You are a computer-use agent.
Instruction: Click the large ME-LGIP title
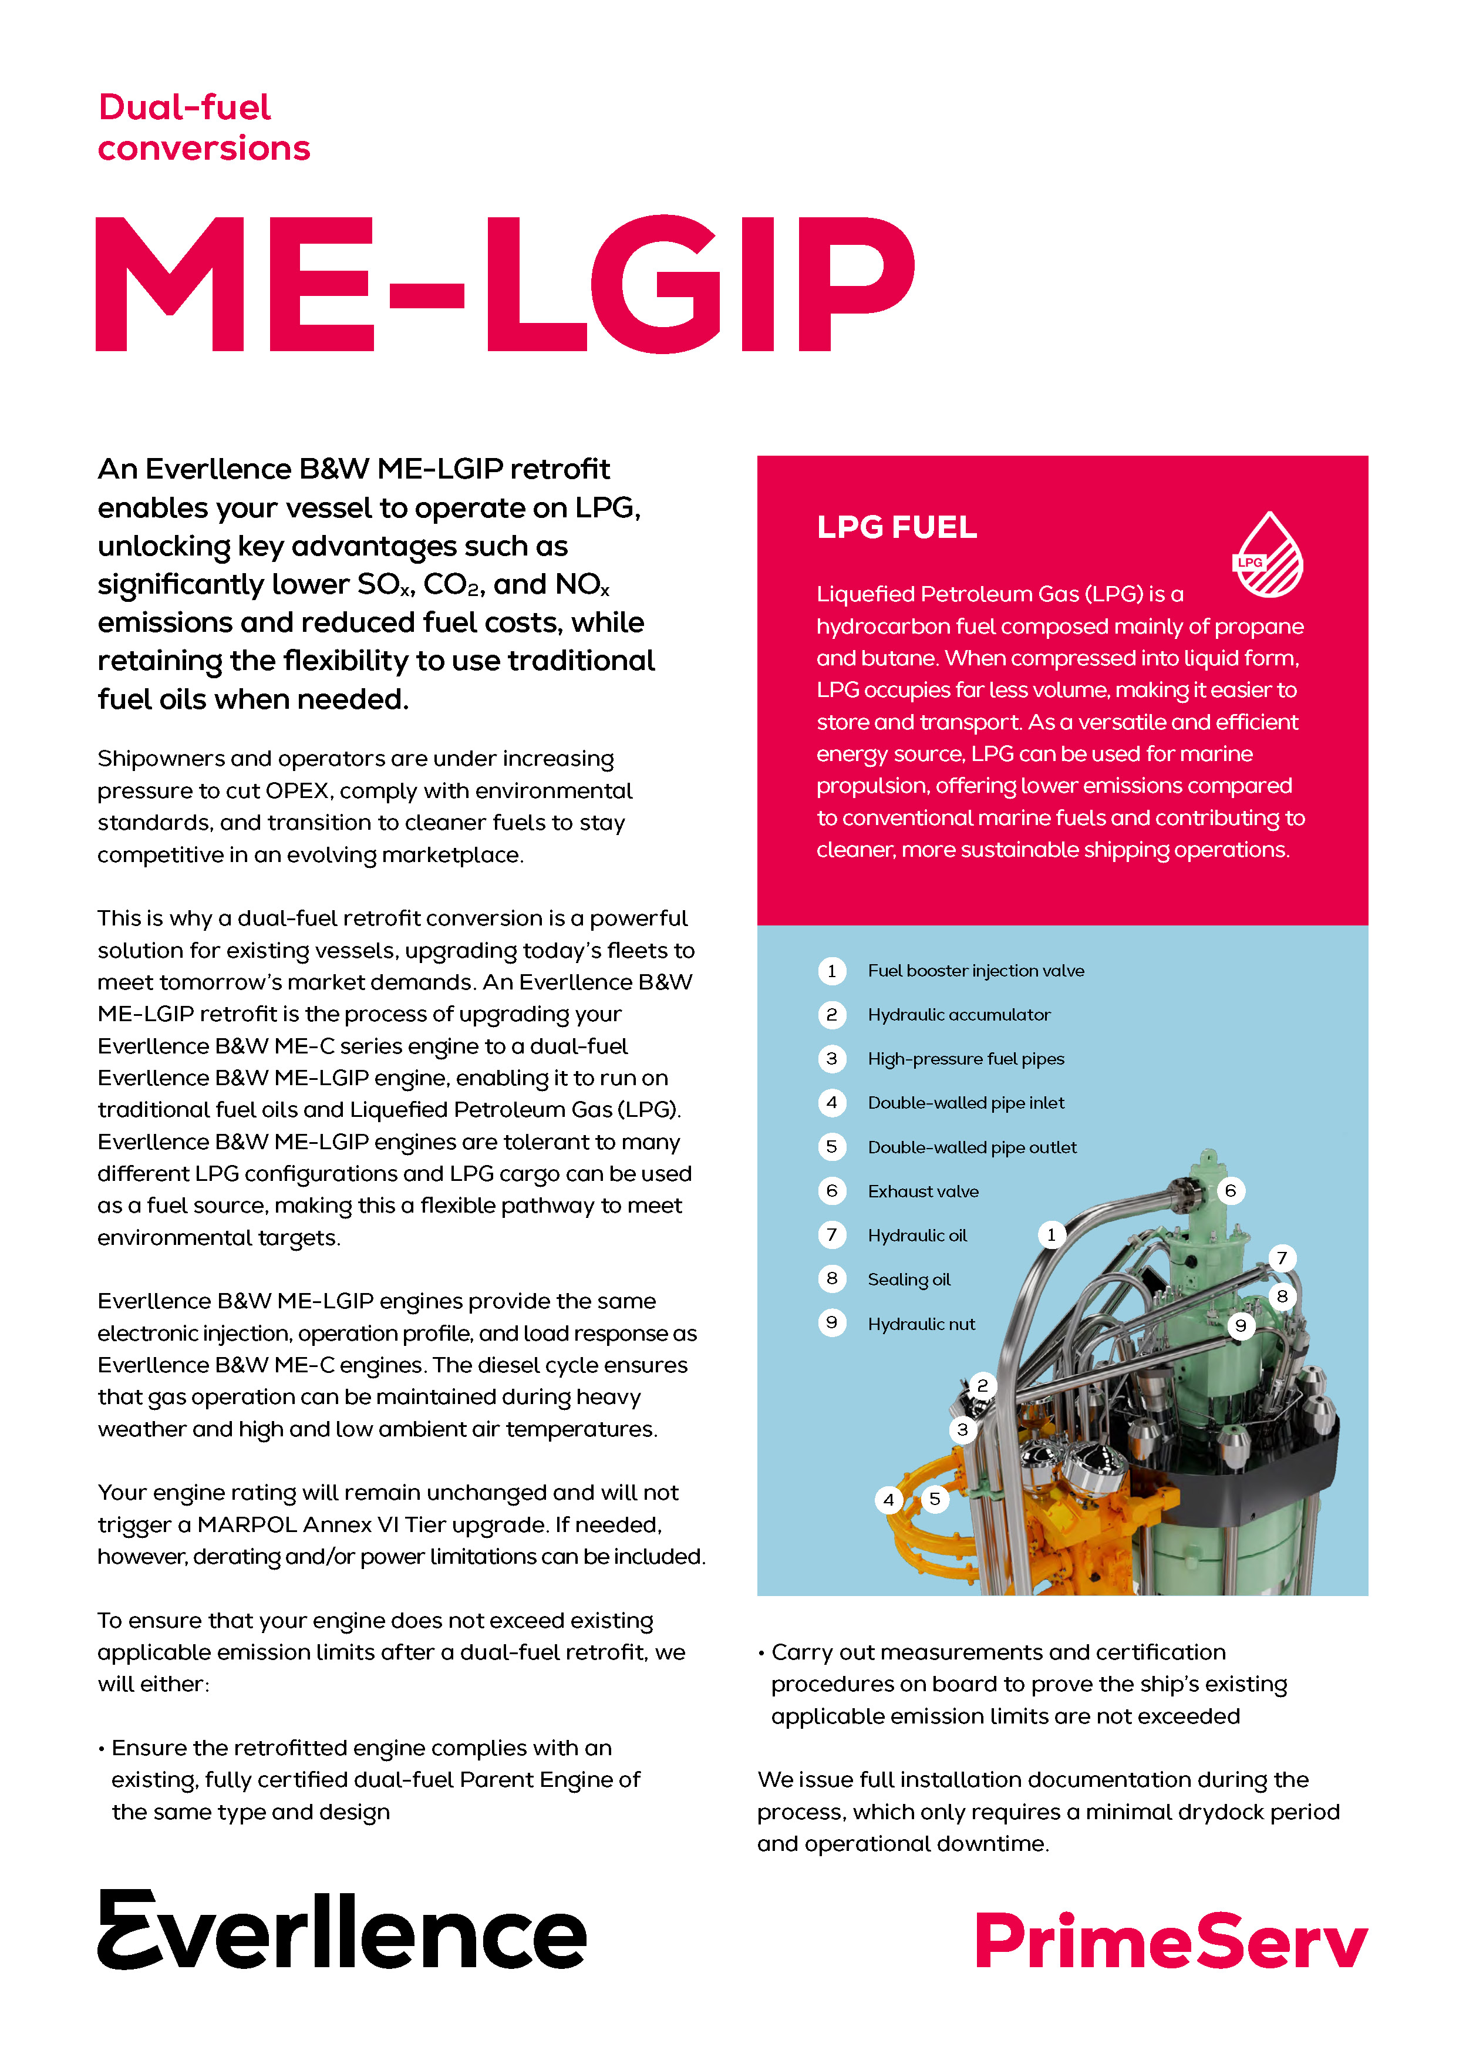click(x=505, y=284)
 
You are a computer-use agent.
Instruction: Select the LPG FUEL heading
click(x=897, y=527)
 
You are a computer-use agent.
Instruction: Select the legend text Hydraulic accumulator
click(x=959, y=1015)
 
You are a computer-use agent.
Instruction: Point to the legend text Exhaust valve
click(x=922, y=1191)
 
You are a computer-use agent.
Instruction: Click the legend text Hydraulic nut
click(x=921, y=1324)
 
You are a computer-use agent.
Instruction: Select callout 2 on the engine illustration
click(x=982, y=1385)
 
